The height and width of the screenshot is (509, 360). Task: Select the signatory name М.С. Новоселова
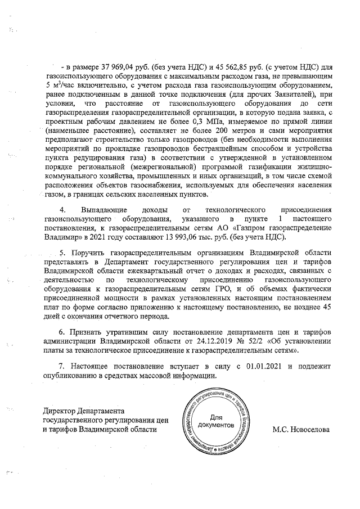(x=301, y=429)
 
